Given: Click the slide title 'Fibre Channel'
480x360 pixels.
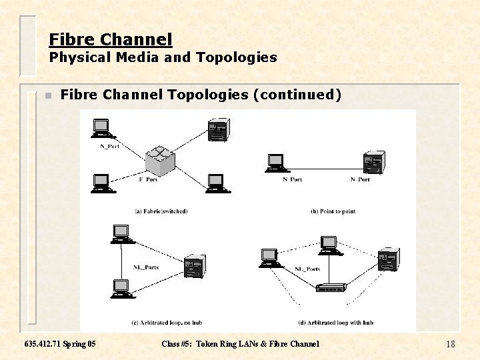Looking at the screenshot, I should coord(111,40).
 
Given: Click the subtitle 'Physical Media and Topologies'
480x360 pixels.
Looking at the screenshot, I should coord(163,58).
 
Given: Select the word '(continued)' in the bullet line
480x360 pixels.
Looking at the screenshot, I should coord(297,95).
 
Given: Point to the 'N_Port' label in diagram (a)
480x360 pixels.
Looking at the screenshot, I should coord(109,146).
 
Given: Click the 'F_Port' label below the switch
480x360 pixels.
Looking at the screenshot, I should coord(148,179).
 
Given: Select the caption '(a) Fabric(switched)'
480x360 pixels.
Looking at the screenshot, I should coord(161,211).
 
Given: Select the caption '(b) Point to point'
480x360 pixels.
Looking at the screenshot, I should coord(333,211).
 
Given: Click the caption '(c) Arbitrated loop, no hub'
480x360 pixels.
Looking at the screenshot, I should coord(167,323).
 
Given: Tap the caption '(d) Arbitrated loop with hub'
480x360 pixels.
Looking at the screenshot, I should coord(335,323).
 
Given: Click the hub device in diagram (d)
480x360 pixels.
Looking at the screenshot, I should coord(331,288).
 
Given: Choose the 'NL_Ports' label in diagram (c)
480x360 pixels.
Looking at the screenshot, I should coord(145,267).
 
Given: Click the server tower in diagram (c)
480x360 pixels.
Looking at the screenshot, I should coord(194,267).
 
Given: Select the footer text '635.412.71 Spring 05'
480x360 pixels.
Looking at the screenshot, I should coord(59,344).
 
